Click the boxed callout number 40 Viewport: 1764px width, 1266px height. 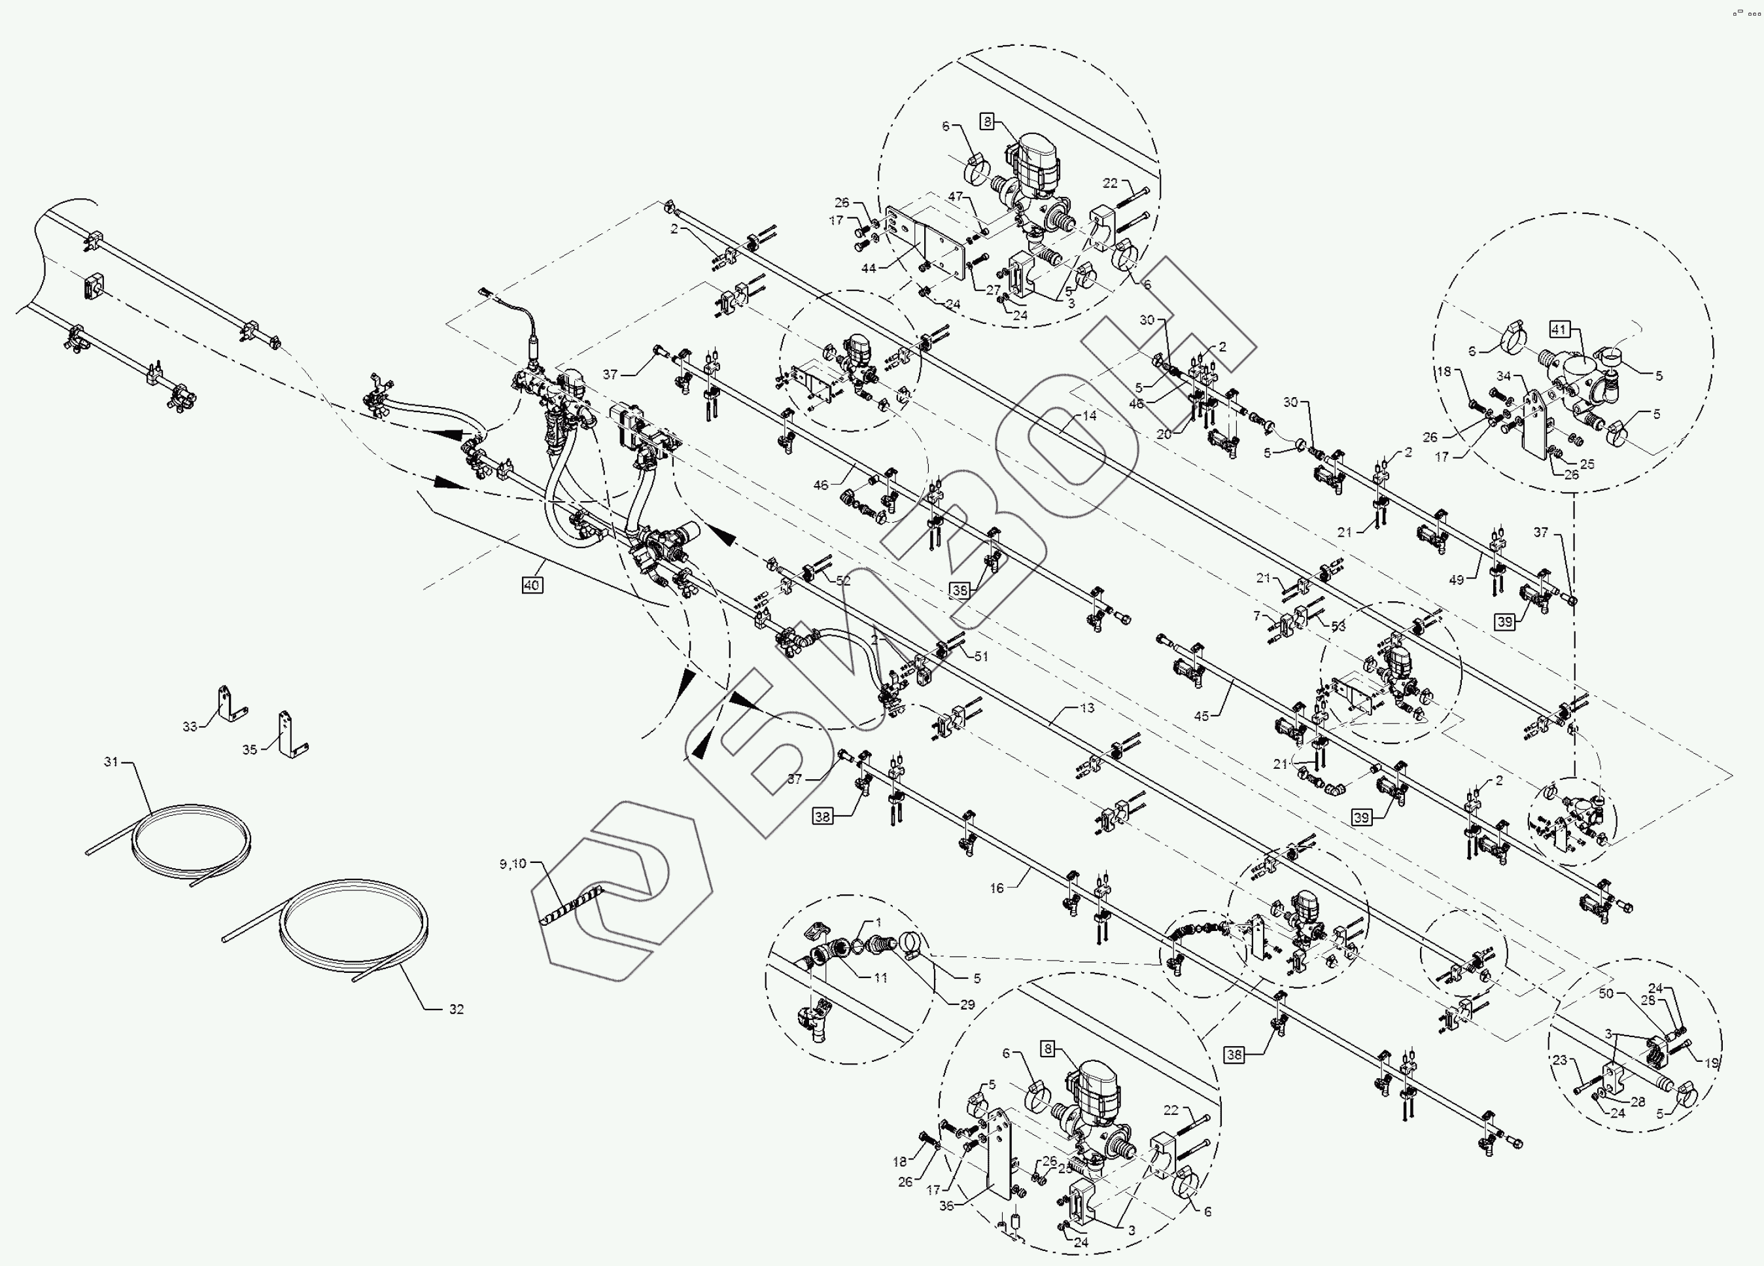[x=532, y=585]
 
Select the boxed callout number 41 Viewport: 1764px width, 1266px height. [x=1559, y=330]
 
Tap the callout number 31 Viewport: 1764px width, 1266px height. [x=111, y=761]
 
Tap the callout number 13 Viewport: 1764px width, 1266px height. [x=1086, y=708]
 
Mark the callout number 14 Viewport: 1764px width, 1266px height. [x=1089, y=415]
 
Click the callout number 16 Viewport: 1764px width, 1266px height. [x=997, y=888]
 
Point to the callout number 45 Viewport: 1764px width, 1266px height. [x=1201, y=716]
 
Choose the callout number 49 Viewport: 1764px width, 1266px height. [x=1456, y=580]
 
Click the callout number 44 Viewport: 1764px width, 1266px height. [x=869, y=268]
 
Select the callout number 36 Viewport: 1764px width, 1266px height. [x=946, y=1206]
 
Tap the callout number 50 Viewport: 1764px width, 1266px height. [x=1606, y=994]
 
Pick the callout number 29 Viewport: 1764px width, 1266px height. [x=967, y=1004]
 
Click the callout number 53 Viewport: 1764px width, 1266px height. [x=1338, y=626]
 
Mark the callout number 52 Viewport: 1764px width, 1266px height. [x=843, y=580]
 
